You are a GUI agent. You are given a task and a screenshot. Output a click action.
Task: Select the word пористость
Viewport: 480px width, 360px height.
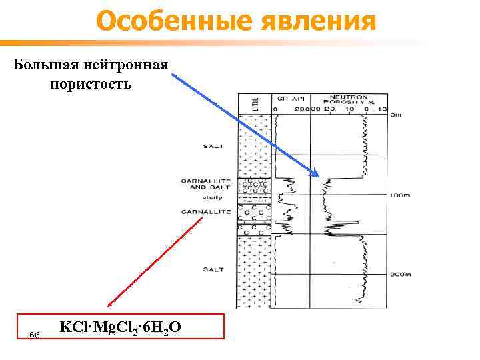(91, 85)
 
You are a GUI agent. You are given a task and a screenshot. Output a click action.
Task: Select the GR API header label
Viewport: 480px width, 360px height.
(286, 97)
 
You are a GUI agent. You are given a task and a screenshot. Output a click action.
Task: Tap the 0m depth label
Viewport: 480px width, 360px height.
(396, 115)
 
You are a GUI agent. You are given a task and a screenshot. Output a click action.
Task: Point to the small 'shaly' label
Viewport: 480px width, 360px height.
(213, 197)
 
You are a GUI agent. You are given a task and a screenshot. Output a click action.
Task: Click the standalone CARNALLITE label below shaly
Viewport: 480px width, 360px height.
(205, 212)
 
